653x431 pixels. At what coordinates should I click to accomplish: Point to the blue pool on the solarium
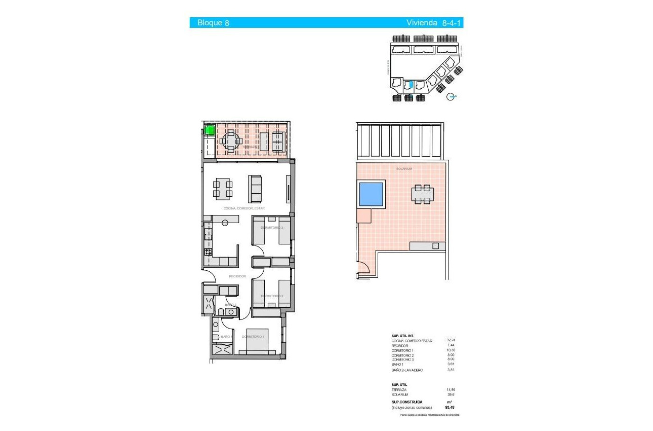372,194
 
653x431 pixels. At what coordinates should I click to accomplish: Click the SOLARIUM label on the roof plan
404,168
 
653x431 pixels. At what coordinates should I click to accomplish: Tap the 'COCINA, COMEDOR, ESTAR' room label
244,208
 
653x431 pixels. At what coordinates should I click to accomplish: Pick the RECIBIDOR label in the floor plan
237,276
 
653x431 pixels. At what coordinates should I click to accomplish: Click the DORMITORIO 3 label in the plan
271,228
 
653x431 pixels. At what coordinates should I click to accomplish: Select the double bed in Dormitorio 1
258,346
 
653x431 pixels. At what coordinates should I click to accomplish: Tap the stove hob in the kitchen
208,252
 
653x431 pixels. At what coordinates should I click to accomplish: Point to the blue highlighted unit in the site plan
411,85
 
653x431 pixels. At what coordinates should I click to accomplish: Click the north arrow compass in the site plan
451,97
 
